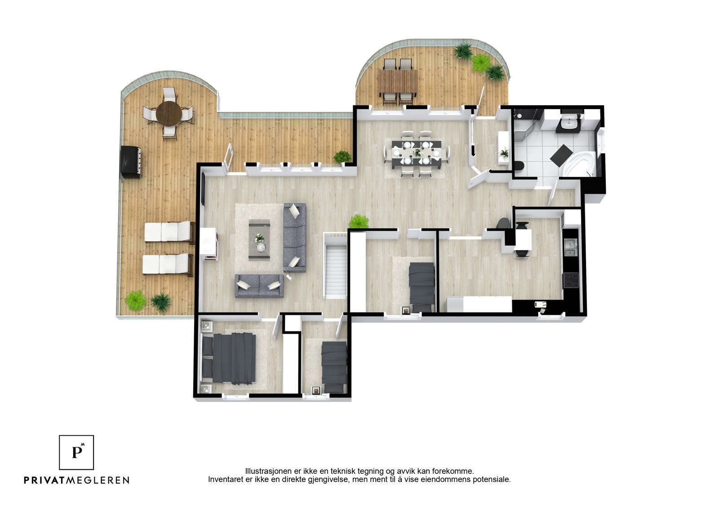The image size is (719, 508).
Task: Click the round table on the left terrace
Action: click(x=169, y=113)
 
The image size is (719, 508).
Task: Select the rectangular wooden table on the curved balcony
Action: click(x=397, y=81)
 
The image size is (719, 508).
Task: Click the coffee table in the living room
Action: click(x=259, y=239)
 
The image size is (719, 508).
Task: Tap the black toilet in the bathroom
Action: click(x=519, y=167)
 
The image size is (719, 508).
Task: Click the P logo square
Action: click(x=77, y=452)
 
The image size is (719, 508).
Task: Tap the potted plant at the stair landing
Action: click(x=359, y=221)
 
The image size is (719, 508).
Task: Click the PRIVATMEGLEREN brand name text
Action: click(x=76, y=480)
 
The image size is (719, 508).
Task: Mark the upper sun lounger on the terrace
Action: click(x=167, y=232)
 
